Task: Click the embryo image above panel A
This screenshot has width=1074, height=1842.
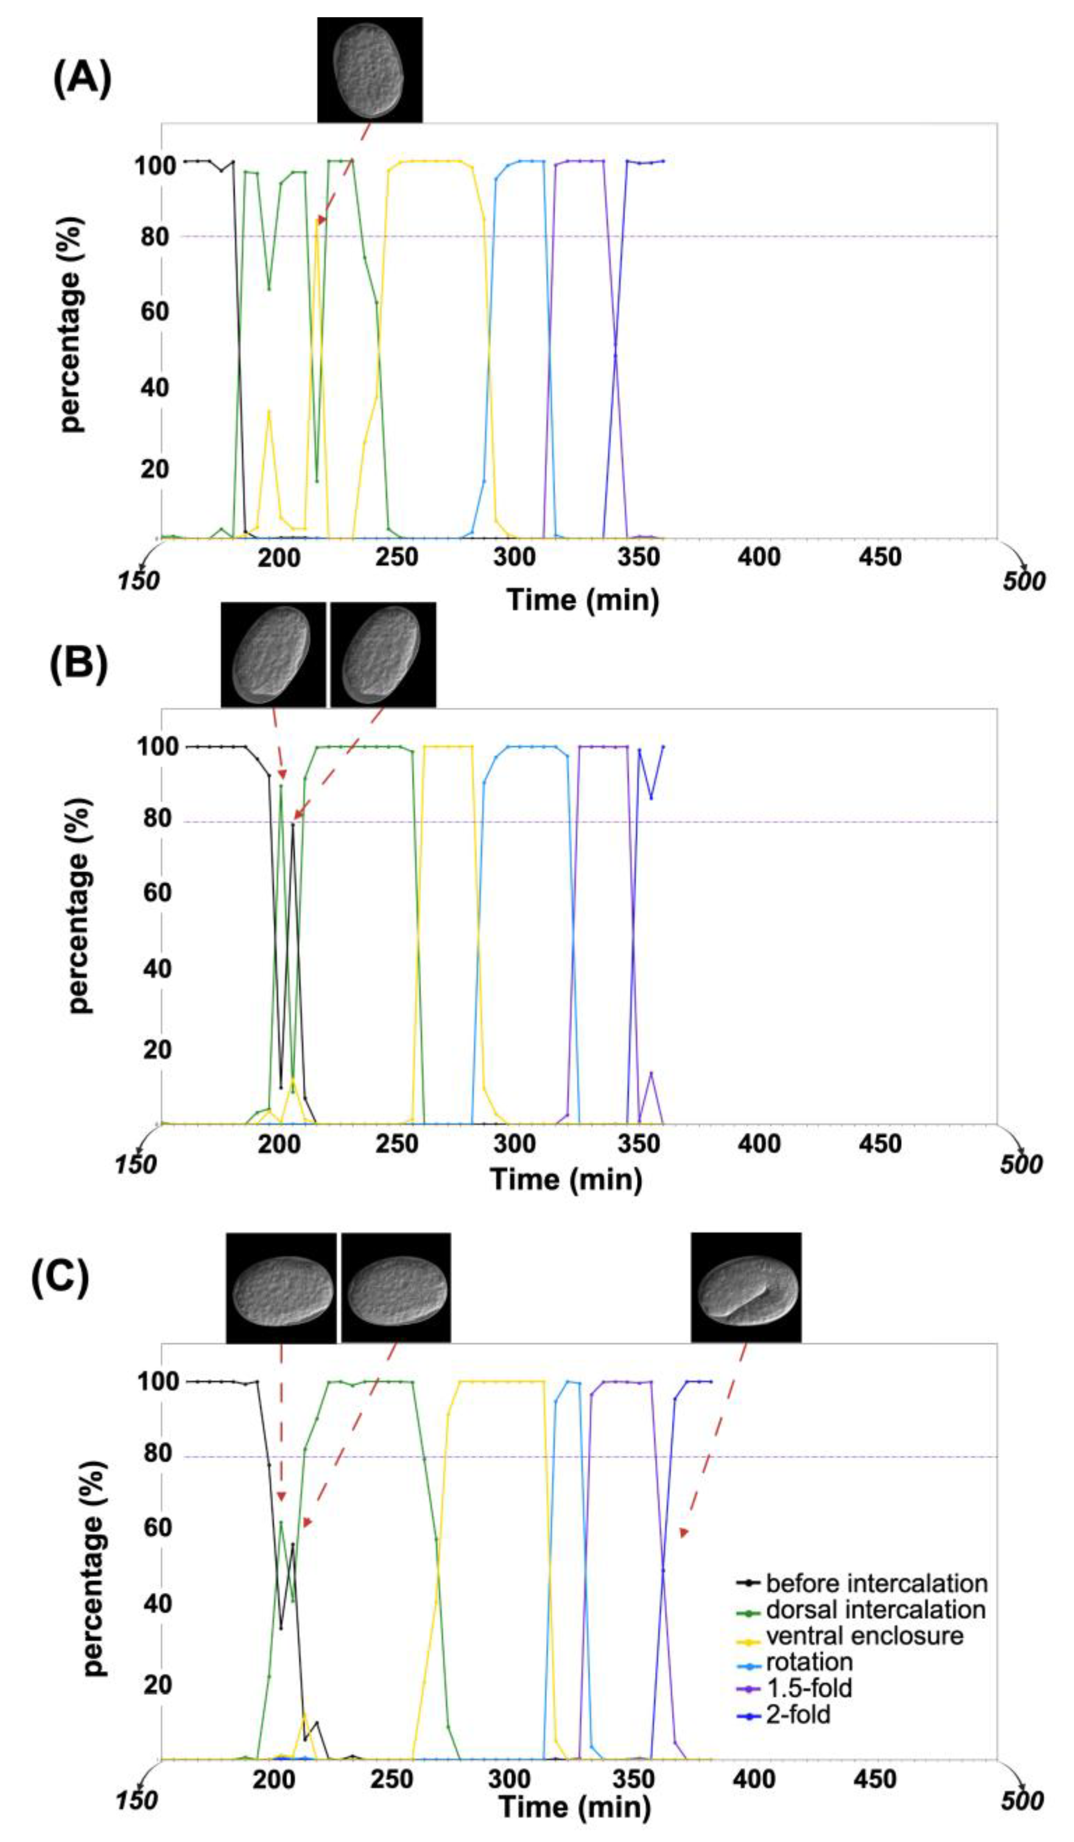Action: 370,69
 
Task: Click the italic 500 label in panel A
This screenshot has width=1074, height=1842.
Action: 1023,581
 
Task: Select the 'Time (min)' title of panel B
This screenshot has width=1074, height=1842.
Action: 566,1178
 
